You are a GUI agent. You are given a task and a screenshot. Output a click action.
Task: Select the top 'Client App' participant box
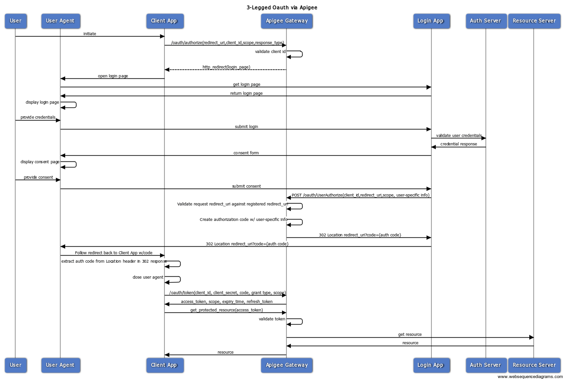(x=164, y=21)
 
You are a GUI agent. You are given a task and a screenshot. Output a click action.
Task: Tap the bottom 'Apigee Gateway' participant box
(x=286, y=365)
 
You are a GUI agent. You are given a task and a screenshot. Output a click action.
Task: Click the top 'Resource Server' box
(x=534, y=21)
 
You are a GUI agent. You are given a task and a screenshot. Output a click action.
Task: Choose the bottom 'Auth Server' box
(x=485, y=365)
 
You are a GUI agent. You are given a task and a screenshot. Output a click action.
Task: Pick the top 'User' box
(x=15, y=21)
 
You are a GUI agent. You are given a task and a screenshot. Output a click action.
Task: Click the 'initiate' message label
(x=90, y=34)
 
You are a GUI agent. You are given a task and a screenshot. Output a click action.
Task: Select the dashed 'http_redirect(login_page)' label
(x=226, y=67)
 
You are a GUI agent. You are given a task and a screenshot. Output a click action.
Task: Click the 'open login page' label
(x=113, y=76)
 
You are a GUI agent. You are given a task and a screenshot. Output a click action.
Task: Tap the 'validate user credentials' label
(x=458, y=136)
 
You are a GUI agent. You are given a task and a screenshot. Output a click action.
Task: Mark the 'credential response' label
(x=458, y=144)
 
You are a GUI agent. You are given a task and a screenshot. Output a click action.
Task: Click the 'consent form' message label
(x=246, y=153)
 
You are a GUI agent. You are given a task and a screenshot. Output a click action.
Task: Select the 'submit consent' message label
(x=246, y=186)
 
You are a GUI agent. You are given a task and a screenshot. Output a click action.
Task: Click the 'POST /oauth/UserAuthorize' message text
(x=360, y=195)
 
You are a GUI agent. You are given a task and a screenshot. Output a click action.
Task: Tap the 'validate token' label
(x=272, y=319)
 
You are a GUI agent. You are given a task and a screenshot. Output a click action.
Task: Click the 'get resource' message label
(x=410, y=334)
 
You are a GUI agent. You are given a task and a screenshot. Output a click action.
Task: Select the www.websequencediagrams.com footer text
(x=530, y=376)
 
